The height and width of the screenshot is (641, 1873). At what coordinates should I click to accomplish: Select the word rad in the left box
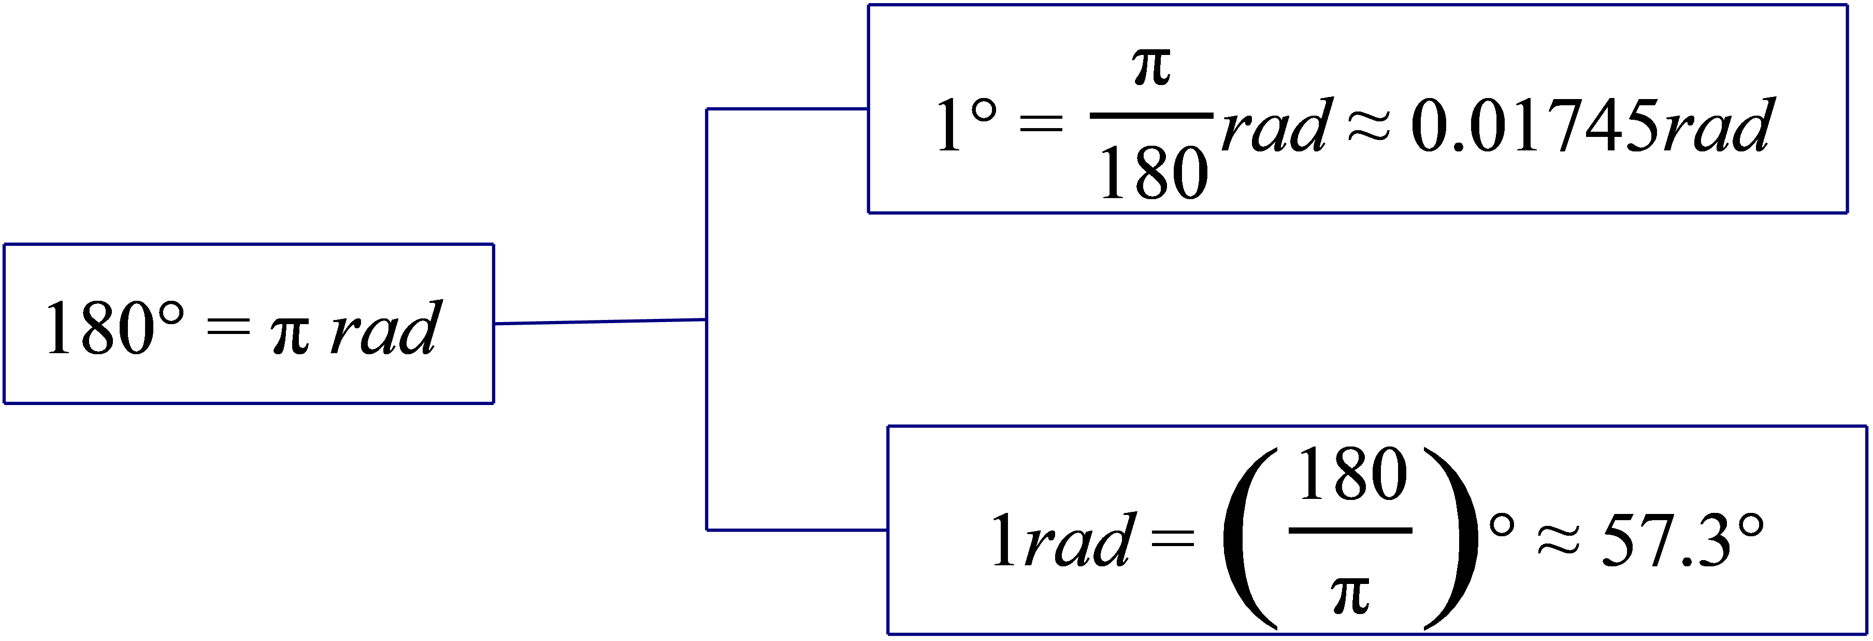click(x=385, y=329)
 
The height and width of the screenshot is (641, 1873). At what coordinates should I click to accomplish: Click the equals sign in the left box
click(x=227, y=330)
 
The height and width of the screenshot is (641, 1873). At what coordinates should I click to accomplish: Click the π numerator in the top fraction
click(x=1152, y=69)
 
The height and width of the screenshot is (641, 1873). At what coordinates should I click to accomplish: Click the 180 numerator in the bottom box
click(x=1352, y=476)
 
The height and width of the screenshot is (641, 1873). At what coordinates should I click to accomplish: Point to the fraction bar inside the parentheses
click(x=1350, y=531)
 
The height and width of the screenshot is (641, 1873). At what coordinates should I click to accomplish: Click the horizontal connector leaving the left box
click(x=600, y=322)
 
